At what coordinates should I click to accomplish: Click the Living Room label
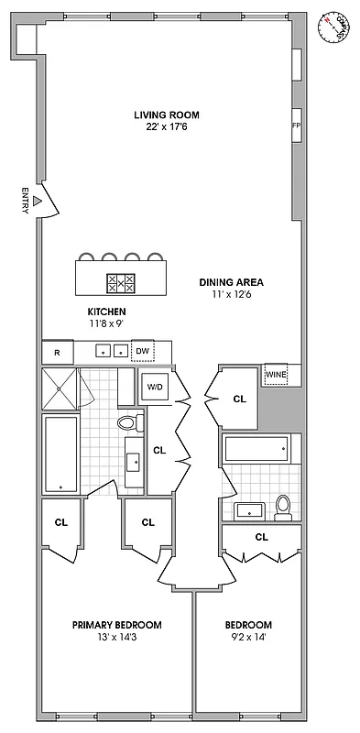click(166, 115)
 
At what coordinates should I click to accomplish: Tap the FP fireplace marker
click(296, 126)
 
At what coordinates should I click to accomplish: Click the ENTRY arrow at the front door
click(37, 199)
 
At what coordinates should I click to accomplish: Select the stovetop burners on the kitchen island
click(121, 283)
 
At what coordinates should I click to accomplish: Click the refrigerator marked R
click(57, 352)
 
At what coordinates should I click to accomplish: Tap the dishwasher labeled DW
click(142, 351)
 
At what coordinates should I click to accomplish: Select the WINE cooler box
click(276, 375)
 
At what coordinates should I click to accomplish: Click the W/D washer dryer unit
click(156, 388)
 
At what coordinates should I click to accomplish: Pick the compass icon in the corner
click(336, 27)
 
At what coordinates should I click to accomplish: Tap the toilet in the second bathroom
click(283, 506)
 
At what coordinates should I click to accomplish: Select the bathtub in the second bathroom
click(260, 449)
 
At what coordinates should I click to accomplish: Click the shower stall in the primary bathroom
click(60, 388)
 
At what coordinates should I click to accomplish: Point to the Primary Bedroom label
click(117, 625)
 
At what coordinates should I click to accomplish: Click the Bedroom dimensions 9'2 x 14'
click(248, 638)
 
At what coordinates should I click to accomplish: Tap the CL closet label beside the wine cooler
click(240, 399)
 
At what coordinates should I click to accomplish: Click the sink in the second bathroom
click(249, 509)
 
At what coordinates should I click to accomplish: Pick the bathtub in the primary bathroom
click(61, 454)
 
